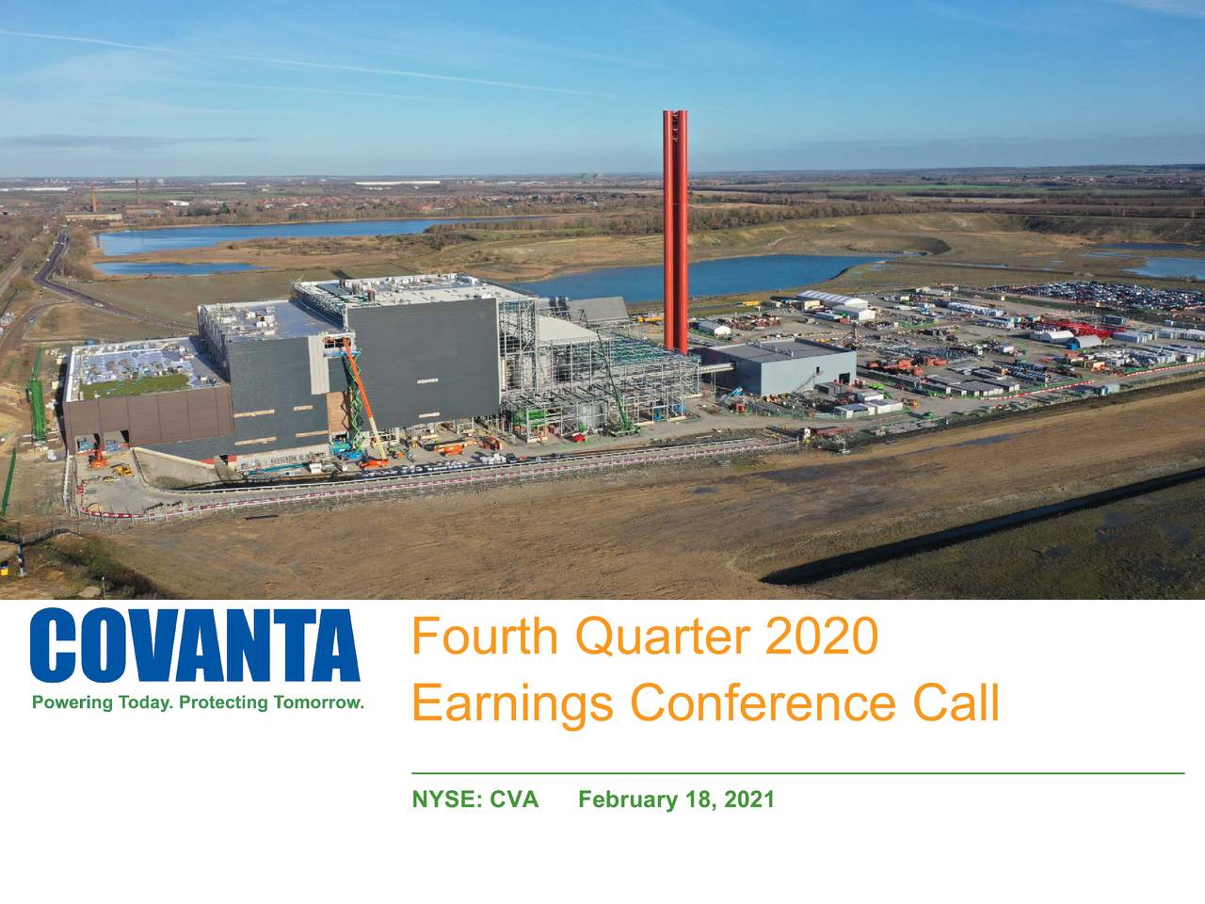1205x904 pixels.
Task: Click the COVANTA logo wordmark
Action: (196, 646)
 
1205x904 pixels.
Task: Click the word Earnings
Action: (513, 703)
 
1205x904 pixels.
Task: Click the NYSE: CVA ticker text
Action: (475, 800)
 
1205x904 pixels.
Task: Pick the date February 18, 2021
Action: (676, 800)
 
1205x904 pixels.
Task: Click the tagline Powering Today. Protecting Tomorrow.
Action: (198, 703)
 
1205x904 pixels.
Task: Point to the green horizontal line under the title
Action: (798, 772)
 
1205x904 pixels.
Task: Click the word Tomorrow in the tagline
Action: (317, 703)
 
